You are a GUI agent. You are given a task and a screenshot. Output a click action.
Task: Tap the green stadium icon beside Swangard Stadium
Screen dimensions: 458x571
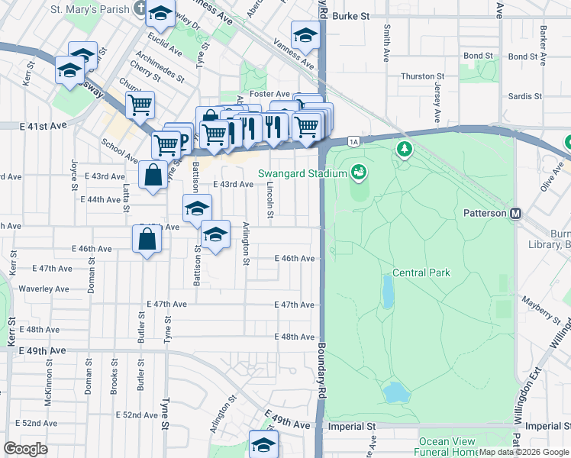coord(357,173)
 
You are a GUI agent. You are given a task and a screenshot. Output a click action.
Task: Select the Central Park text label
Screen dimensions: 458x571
coord(421,273)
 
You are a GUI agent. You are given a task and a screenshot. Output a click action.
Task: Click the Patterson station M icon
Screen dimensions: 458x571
coord(517,214)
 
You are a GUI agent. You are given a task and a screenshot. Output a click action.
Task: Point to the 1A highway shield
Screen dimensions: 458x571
coord(353,141)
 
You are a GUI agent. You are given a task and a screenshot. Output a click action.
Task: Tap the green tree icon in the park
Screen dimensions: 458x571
coord(404,149)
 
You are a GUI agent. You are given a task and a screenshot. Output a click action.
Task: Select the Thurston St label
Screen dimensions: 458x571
coord(423,76)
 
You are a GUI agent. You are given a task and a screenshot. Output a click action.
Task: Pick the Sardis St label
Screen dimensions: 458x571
coord(524,97)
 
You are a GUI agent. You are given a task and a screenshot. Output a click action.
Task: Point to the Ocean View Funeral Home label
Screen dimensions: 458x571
coord(448,447)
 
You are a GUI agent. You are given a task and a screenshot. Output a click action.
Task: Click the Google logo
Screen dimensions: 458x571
coord(26,449)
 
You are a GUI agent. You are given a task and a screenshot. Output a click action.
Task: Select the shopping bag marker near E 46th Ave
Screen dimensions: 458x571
coord(146,240)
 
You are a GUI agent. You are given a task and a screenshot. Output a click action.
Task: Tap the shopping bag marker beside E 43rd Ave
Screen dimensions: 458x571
coord(153,175)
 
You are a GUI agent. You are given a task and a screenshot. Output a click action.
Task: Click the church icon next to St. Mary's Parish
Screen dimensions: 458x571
coord(138,8)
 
